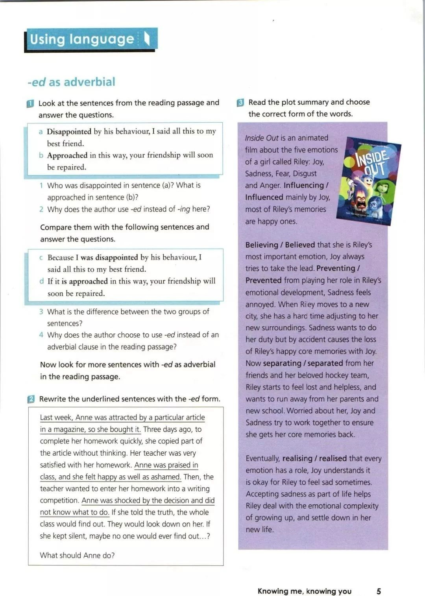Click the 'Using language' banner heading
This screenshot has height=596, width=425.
point(82,39)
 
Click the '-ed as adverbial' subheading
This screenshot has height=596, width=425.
point(71,82)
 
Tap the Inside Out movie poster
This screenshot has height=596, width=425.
point(369,181)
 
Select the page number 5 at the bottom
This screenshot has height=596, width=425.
point(379,591)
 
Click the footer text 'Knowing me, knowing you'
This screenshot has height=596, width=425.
point(304,591)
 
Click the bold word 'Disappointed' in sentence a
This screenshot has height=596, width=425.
point(69,131)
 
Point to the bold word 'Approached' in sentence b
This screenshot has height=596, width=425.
point(67,155)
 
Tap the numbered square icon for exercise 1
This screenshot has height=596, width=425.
point(30,104)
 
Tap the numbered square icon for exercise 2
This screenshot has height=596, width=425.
point(31,399)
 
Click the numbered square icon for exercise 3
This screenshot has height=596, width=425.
point(240,103)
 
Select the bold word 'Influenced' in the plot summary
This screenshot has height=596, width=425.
point(264,197)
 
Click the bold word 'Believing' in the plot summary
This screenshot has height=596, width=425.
point(262,245)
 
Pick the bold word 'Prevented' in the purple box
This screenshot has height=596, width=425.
point(263,280)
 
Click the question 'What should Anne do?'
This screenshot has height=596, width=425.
point(77,555)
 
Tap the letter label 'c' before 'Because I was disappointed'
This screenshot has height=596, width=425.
point(41,258)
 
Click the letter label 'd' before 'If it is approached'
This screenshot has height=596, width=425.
point(41,281)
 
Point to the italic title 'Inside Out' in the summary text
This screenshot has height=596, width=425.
point(261,138)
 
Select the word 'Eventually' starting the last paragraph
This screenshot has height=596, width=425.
point(262,458)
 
